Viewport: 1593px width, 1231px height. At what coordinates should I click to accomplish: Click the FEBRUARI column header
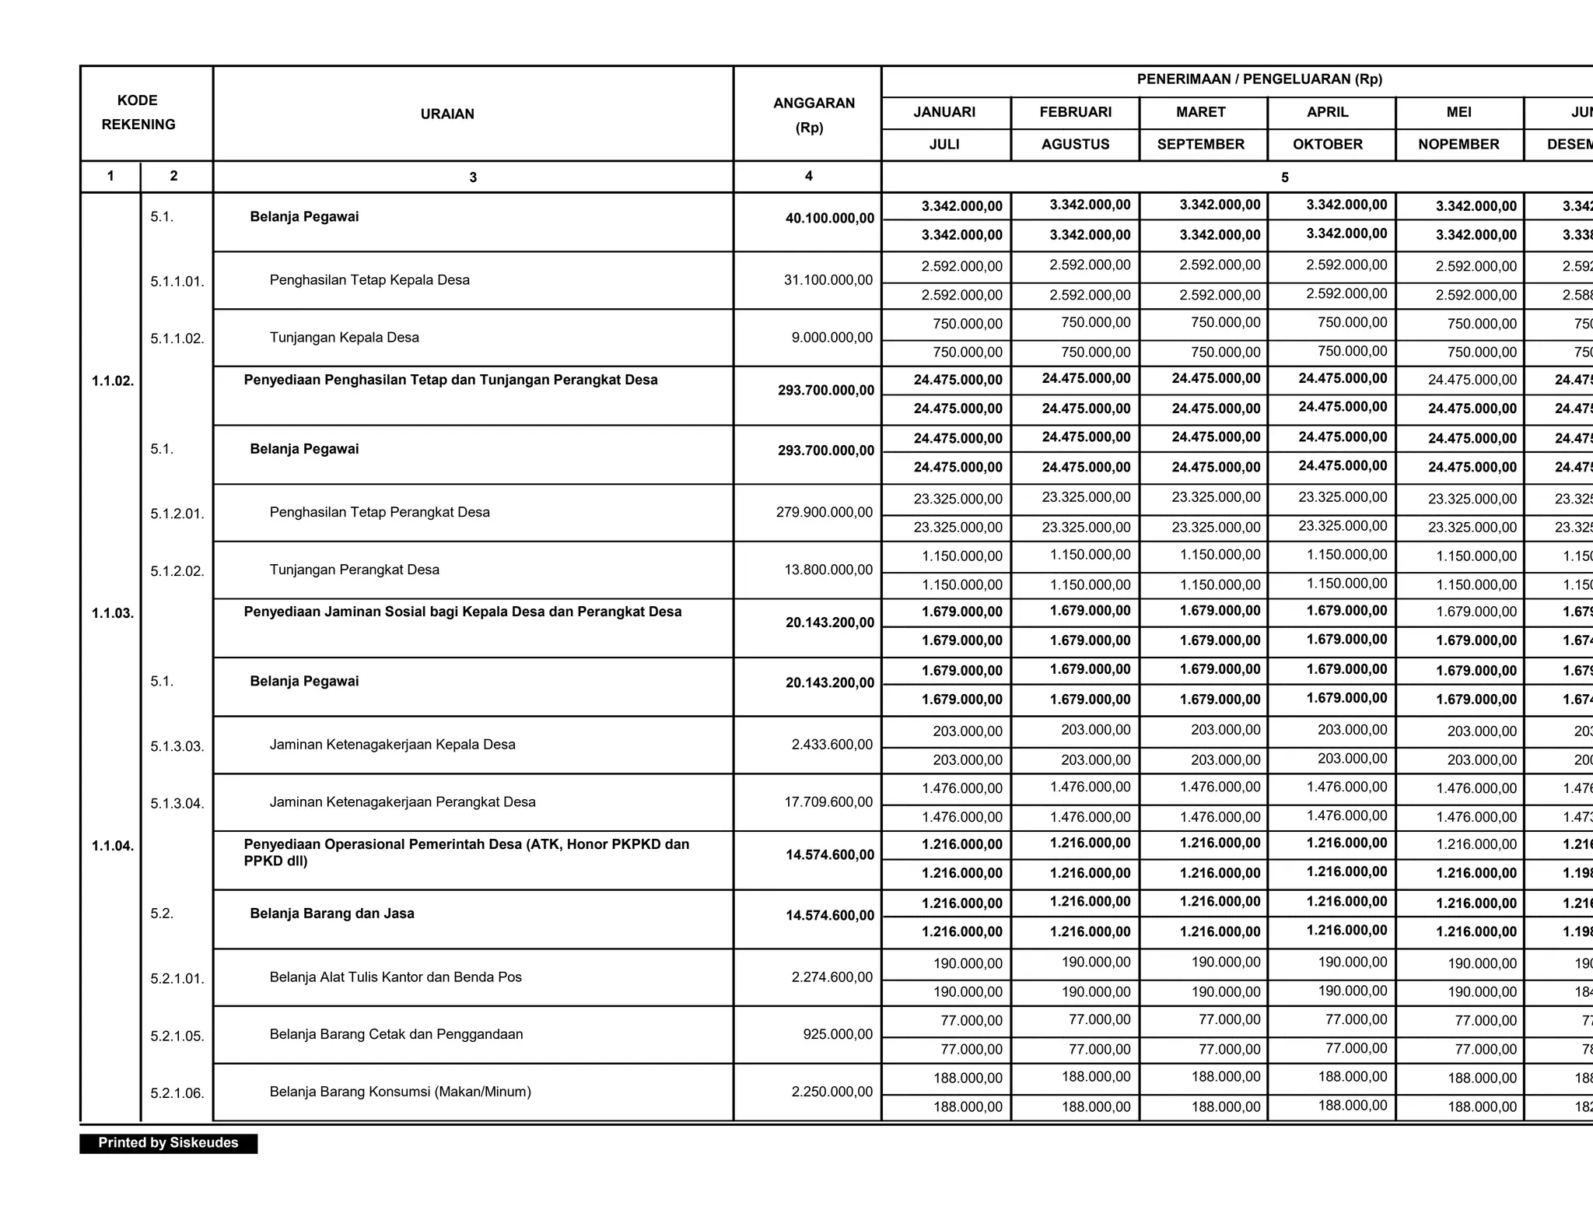(x=1075, y=112)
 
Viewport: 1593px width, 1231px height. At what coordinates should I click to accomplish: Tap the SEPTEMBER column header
(x=1200, y=145)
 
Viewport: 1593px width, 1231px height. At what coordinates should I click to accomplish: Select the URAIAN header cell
(x=447, y=114)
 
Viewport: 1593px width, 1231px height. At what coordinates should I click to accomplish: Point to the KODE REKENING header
(x=138, y=112)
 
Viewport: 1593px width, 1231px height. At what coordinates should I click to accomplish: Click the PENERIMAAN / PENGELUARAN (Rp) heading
(x=1259, y=79)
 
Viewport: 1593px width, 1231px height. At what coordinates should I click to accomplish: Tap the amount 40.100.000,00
(x=829, y=219)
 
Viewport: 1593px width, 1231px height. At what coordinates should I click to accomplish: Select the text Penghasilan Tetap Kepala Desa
(x=369, y=280)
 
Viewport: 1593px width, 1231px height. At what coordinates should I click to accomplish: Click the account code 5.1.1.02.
(x=177, y=338)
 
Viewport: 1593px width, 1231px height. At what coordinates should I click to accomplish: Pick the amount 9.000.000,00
(x=832, y=338)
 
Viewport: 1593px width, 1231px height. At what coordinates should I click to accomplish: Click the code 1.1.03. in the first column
(x=112, y=613)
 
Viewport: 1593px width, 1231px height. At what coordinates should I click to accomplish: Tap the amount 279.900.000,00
(x=824, y=512)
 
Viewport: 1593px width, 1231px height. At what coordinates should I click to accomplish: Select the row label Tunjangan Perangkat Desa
(x=354, y=570)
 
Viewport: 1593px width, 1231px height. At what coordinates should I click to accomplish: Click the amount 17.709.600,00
(x=828, y=801)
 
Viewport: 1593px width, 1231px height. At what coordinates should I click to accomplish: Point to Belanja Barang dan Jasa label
(x=331, y=914)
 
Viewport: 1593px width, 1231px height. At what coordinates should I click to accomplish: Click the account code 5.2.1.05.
(x=177, y=1036)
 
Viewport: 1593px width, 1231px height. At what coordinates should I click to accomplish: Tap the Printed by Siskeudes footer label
(x=168, y=1142)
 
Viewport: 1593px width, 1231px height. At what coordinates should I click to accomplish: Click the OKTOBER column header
(x=1327, y=145)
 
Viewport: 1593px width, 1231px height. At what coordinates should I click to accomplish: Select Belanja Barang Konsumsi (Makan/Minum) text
(x=400, y=1092)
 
